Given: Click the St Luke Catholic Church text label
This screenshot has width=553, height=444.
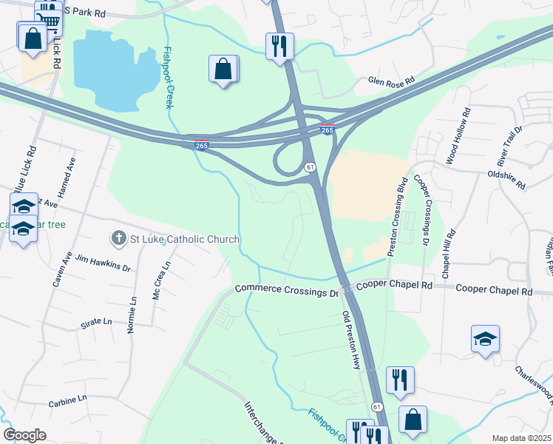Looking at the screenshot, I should click(x=185, y=239).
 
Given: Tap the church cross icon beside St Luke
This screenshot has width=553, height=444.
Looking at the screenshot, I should click(x=118, y=238).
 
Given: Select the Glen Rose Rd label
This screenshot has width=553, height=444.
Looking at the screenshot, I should click(x=392, y=81).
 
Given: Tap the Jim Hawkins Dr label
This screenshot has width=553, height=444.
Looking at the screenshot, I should click(x=104, y=261).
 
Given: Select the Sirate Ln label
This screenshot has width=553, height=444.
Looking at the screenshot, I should click(x=96, y=323).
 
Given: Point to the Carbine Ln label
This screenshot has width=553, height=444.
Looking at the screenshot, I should click(x=68, y=398).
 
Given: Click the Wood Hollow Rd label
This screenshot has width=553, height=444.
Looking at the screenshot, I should click(x=458, y=137).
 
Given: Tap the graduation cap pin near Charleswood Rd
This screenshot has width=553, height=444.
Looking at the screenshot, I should click(x=486, y=339).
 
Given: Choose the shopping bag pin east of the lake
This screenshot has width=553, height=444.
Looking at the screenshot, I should click(x=223, y=70).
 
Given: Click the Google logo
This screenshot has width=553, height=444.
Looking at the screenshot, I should click(x=24, y=435).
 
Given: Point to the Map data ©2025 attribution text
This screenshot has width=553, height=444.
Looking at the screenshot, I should click(x=521, y=438).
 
